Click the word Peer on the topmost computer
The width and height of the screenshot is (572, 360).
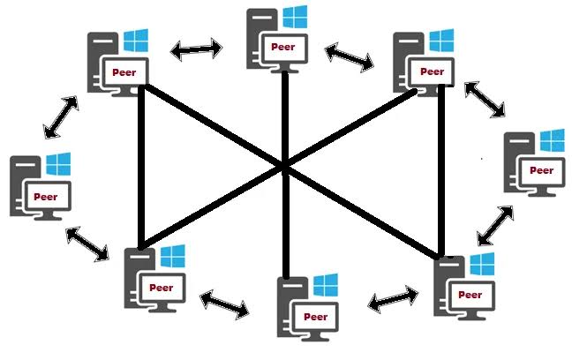tap(283, 47)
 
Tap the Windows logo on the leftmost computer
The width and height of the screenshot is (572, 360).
tap(58, 164)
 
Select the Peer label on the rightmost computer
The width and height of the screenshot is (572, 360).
tap(541, 170)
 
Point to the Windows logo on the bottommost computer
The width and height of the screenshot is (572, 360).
tap(326, 285)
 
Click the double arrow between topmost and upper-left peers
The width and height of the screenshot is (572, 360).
tap(196, 49)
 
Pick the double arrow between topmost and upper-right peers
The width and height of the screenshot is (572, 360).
tap(349, 56)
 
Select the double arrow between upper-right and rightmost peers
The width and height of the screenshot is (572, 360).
tap(485, 100)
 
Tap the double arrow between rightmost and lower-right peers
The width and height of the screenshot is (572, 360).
tap(495, 226)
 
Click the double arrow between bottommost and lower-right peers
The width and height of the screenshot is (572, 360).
tap(394, 299)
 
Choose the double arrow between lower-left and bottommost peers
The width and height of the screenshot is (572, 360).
tap(225, 304)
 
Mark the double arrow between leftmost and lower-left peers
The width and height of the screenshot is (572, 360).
tap(87, 244)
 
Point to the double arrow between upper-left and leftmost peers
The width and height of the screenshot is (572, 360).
tap(61, 117)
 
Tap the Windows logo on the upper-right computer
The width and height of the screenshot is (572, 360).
tap(441, 41)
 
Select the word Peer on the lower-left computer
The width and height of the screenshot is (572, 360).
tap(162, 288)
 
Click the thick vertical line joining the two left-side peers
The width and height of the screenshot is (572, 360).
tap(141, 167)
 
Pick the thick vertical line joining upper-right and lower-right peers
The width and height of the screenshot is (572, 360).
tap(441, 170)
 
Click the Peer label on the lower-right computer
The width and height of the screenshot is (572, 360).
tap(470, 295)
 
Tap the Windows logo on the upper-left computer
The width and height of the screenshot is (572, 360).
tap(136, 41)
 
